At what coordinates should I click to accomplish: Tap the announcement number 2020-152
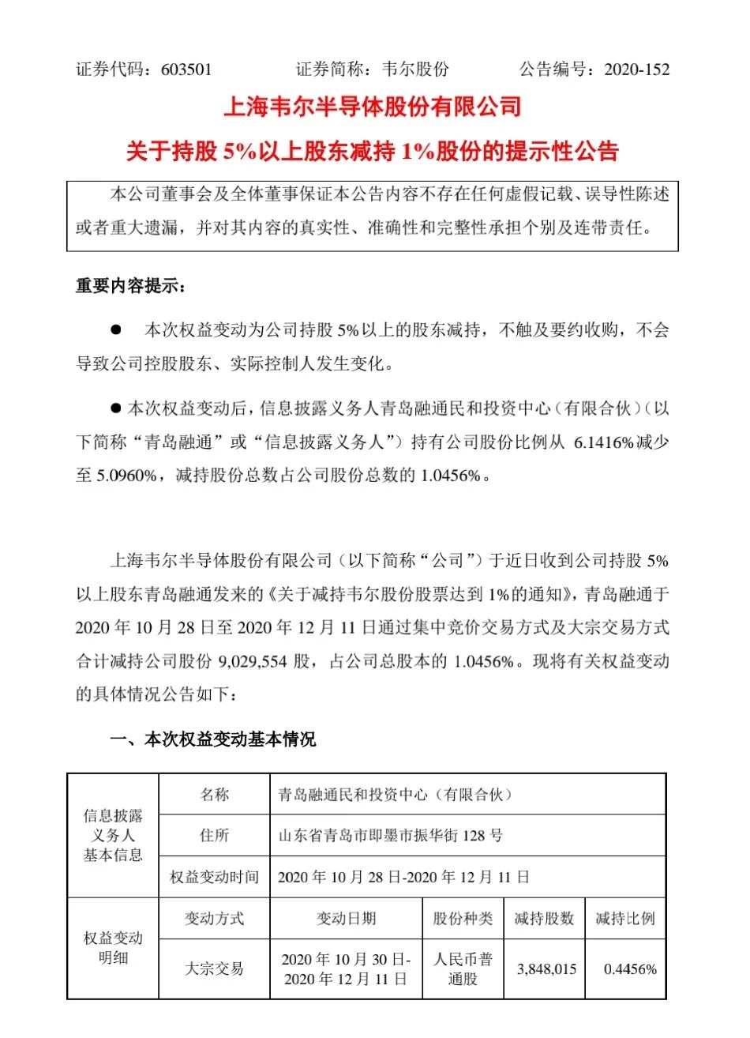tap(636, 69)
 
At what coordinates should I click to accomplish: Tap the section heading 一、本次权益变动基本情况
tap(212, 739)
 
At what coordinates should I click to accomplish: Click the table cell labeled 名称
tap(214, 795)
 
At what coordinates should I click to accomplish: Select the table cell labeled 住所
tap(214, 835)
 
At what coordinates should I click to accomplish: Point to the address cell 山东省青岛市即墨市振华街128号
tap(391, 835)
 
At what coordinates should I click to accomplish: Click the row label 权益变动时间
tap(214, 877)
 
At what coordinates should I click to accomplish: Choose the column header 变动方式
tap(214, 918)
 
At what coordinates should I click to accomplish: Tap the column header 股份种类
tap(463, 918)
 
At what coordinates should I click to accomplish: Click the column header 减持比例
tap(624, 918)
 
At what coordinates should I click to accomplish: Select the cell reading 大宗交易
tap(214, 968)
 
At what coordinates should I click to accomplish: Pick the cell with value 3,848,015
tap(546, 969)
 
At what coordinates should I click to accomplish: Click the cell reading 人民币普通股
tap(463, 968)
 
